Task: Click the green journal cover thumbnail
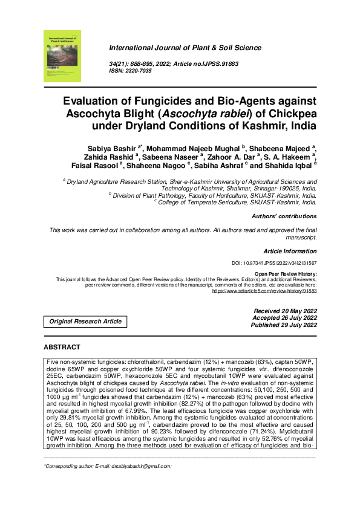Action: [62, 56]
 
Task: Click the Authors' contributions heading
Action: [284, 216]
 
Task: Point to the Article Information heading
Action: [290, 250]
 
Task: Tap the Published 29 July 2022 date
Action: [284, 325]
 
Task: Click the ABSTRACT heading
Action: [62, 347]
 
